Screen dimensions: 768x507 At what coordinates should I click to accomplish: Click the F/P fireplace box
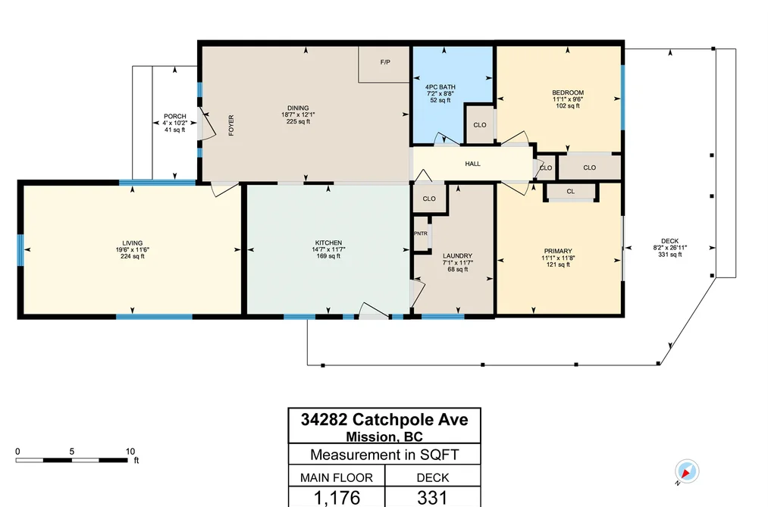[x=384, y=64]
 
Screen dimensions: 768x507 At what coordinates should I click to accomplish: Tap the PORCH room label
[x=175, y=117]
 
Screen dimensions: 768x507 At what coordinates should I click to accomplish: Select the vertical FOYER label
[x=231, y=125]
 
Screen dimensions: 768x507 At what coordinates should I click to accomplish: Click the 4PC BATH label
[x=440, y=87]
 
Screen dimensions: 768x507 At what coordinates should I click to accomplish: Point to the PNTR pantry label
[x=421, y=234]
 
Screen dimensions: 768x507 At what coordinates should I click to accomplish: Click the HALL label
[x=472, y=164]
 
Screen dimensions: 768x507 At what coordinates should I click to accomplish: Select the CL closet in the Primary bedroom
[x=571, y=192]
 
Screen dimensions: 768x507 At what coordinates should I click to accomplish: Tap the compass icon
[x=687, y=472]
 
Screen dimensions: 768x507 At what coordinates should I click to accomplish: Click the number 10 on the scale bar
[x=130, y=452]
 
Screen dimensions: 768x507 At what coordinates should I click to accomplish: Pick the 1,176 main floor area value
[x=337, y=498]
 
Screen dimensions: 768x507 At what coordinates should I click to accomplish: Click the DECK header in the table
[x=433, y=477]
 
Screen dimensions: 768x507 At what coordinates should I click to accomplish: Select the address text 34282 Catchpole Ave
[x=384, y=419]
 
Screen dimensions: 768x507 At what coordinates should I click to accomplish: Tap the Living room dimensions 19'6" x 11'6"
[x=132, y=249]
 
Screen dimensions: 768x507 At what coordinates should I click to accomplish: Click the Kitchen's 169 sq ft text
[x=328, y=256]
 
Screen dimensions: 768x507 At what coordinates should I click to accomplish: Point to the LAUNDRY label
[x=457, y=256]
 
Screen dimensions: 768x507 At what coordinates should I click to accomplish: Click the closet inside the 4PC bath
[x=479, y=124]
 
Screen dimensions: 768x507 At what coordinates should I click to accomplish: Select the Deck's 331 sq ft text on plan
[x=670, y=255]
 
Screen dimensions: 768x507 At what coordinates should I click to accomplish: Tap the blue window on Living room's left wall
[x=20, y=250]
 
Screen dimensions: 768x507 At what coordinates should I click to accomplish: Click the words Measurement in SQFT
[x=384, y=455]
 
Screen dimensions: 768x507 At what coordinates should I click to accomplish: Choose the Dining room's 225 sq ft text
[x=298, y=121]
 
